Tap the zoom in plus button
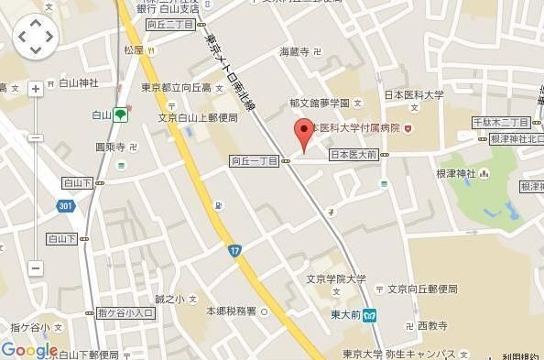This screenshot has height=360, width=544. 36,89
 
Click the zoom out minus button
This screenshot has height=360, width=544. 36,268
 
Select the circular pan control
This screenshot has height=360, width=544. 36,37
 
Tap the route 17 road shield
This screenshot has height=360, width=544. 235,250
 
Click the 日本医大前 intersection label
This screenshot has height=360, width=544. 353,155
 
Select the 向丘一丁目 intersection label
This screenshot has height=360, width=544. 255,161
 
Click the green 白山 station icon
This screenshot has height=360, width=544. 121,115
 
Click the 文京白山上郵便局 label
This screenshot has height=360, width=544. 198,118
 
